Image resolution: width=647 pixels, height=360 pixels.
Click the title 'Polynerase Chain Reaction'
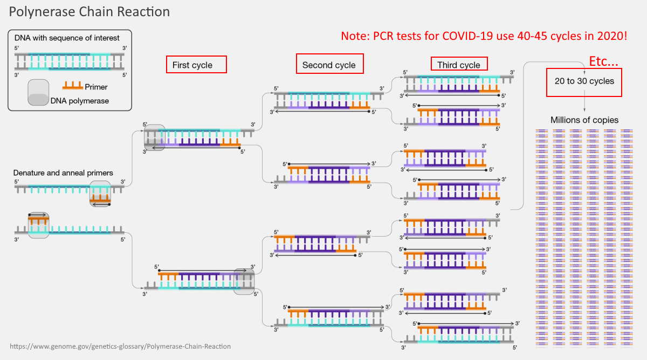pos(90,11)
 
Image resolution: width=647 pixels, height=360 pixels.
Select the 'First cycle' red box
pos(196,65)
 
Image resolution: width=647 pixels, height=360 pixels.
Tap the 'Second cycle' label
pos(329,65)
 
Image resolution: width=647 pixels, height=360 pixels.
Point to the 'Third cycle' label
pos(459,65)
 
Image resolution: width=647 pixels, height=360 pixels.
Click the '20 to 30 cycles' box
pos(584,81)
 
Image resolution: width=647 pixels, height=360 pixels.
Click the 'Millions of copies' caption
pos(584,120)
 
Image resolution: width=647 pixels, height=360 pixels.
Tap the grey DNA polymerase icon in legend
pos(38,93)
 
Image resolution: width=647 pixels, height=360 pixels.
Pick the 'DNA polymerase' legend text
pos(79,101)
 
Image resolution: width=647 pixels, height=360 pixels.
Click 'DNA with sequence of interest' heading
pos(67,38)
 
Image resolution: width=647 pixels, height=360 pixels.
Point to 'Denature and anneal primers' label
pos(63,173)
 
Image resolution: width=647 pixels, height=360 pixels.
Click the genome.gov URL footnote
pos(120,346)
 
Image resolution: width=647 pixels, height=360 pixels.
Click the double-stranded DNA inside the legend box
pos(70,62)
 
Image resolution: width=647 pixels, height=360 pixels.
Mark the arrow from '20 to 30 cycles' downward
pos(584,103)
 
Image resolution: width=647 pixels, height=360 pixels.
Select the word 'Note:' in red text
pos(356,37)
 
